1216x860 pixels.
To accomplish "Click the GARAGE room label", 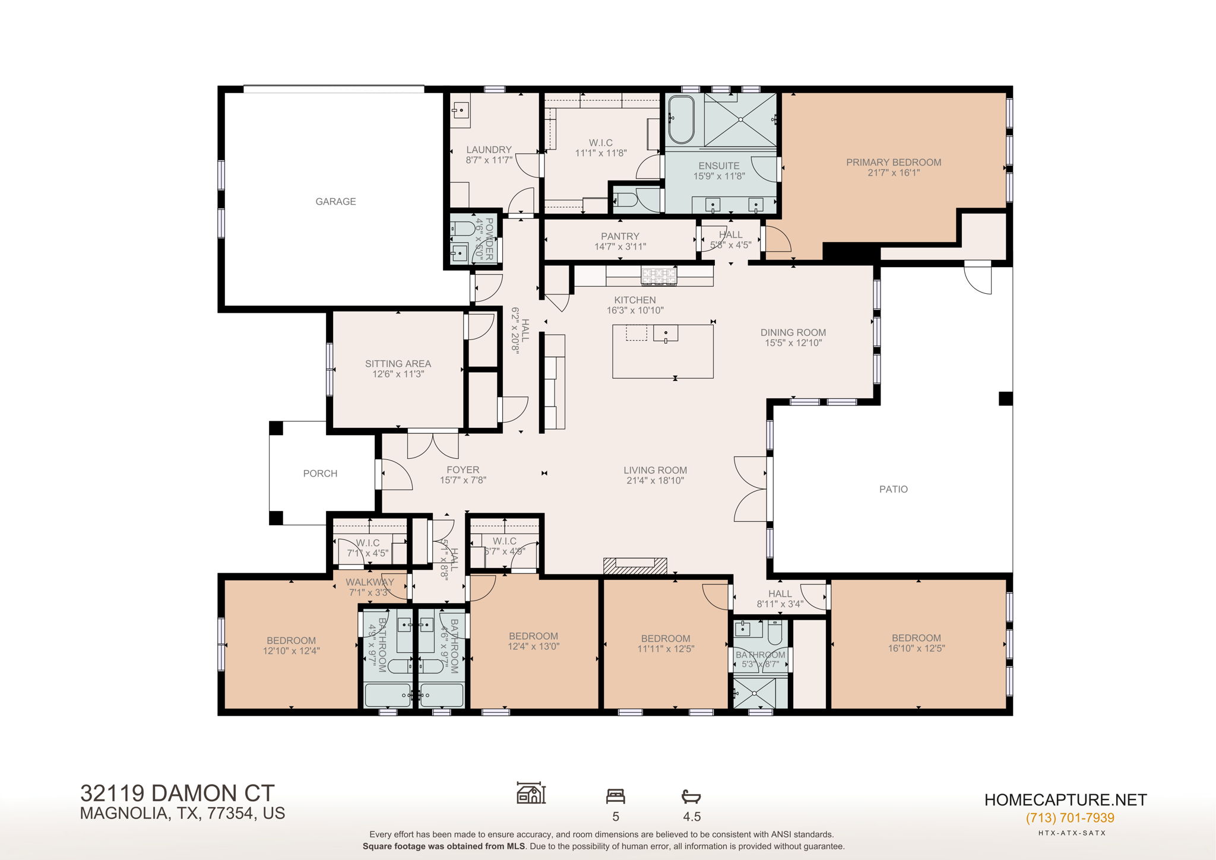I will [335, 202].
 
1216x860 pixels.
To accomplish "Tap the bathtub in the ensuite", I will [681, 120].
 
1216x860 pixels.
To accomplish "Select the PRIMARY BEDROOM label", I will [893, 163].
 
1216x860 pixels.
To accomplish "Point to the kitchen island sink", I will [666, 334].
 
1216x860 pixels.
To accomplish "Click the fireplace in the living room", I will [635, 566].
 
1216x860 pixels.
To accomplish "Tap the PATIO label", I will [893, 489].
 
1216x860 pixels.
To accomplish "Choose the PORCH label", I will [320, 474].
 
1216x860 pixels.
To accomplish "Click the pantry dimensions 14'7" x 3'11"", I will [620, 246].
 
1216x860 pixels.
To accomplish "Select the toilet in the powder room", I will [463, 228].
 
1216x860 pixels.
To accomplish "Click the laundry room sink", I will [461, 110].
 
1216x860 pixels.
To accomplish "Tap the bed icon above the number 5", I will [615, 796].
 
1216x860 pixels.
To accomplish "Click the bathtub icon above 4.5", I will [691, 796].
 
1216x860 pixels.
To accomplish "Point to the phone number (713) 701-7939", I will [1069, 818].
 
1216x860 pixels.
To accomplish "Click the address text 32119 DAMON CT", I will [177, 793].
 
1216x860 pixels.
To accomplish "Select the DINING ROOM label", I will [793, 332].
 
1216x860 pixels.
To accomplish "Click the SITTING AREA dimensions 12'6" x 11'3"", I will [398, 375].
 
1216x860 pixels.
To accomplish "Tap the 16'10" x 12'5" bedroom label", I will [916, 649].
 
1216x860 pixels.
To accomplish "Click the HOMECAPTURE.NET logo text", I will [1065, 799].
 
